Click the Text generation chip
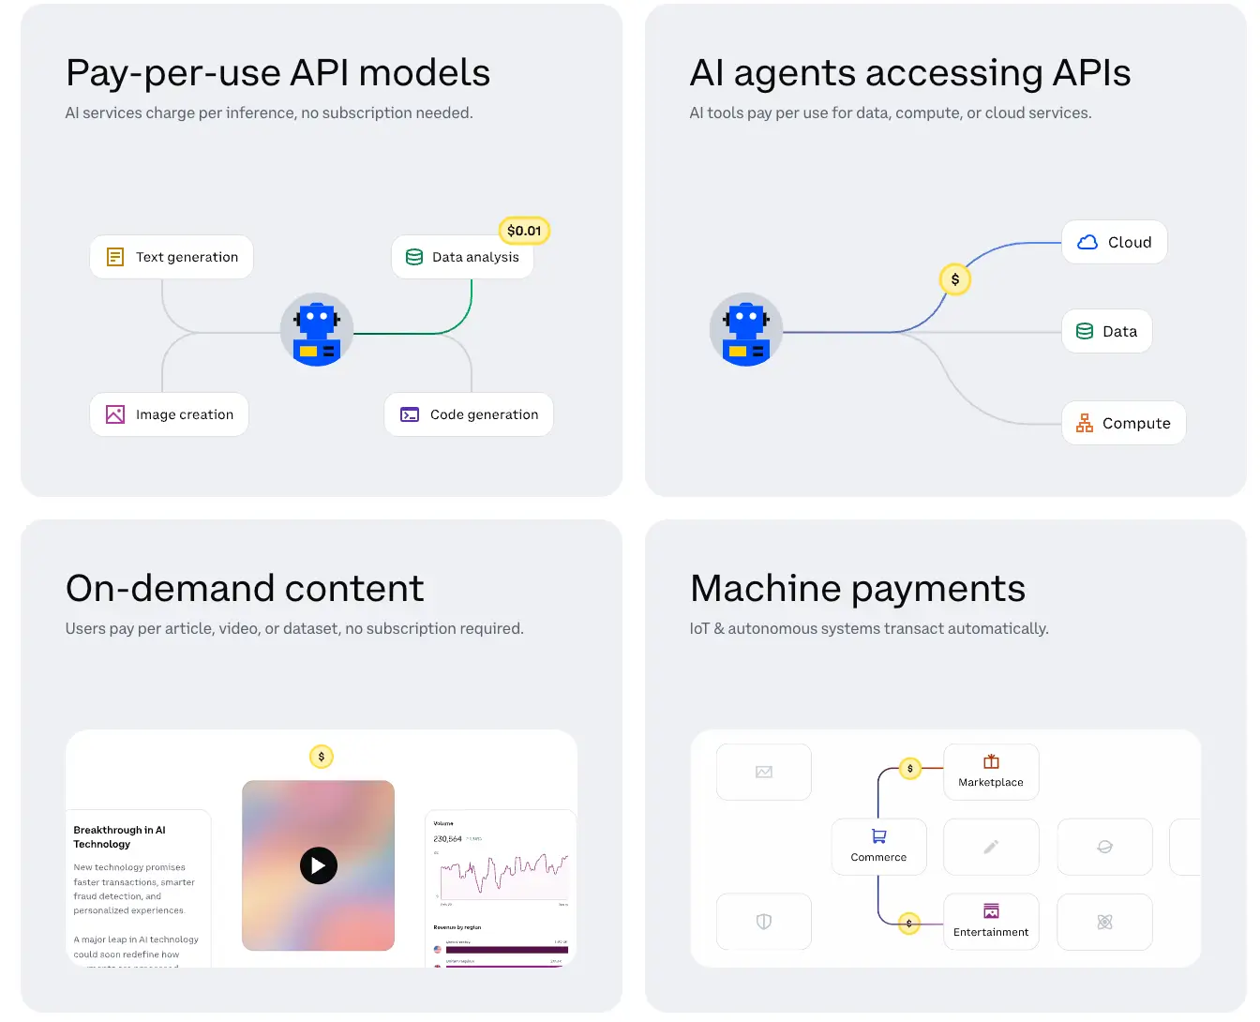(172, 257)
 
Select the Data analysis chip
(462, 257)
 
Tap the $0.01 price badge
(524, 231)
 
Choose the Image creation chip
(169, 414)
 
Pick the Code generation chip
(469, 414)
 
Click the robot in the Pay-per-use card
(317, 330)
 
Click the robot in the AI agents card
(746, 330)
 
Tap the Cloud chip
(1114, 242)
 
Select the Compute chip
(1123, 423)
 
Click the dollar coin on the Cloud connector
(955, 279)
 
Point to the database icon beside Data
(1085, 331)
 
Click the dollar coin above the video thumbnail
(322, 757)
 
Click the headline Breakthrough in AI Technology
(119, 836)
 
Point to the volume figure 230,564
(447, 839)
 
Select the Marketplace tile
(991, 772)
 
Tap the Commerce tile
(878, 847)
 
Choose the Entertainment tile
(991, 922)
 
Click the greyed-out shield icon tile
(764, 922)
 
